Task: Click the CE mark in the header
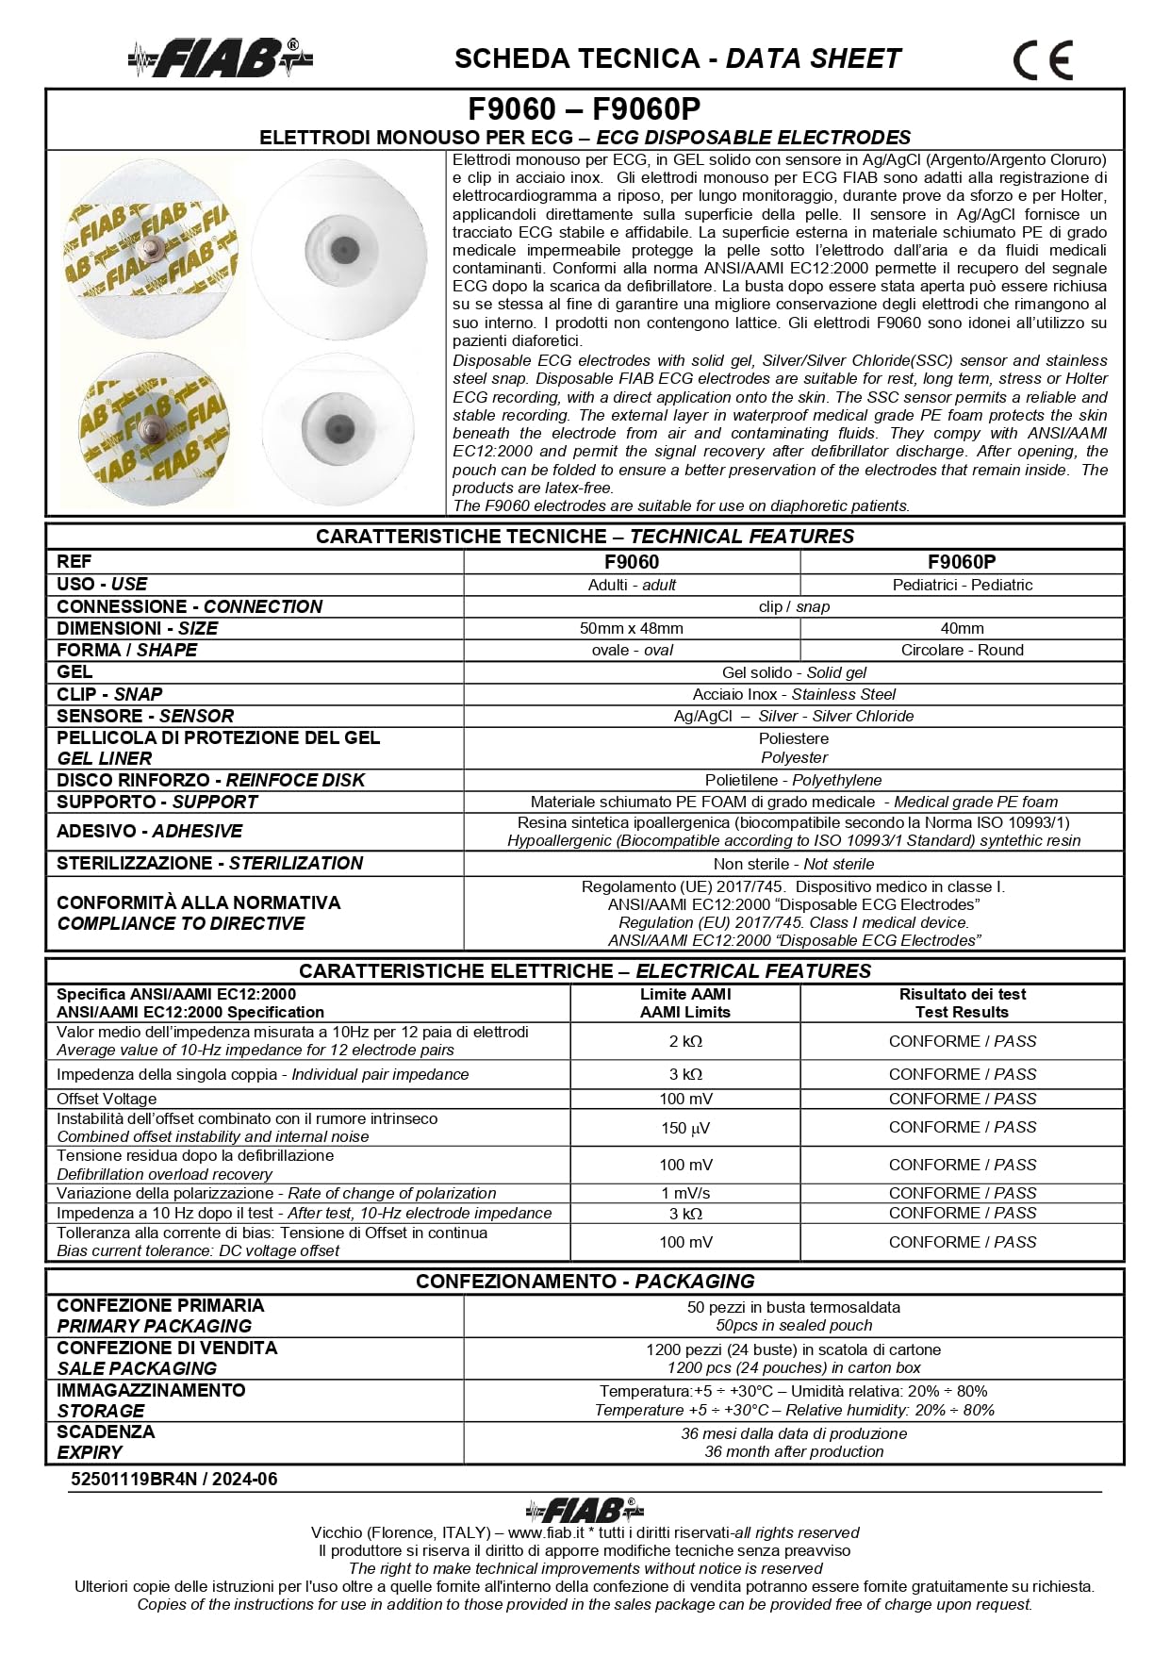tap(1043, 61)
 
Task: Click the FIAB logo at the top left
tap(221, 58)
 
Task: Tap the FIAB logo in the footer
tap(585, 1510)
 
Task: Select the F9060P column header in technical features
tap(962, 562)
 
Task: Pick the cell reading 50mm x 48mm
tap(632, 628)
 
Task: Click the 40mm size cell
tap(962, 628)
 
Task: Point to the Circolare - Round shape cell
tap(962, 650)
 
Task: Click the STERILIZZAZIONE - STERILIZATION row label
tap(209, 863)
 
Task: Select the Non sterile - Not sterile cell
tap(793, 864)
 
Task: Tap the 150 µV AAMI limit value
tap(685, 1128)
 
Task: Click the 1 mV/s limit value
tap(685, 1193)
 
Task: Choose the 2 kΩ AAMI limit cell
tap(685, 1041)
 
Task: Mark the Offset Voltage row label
tap(107, 1099)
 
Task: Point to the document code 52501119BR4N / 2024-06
tap(174, 1479)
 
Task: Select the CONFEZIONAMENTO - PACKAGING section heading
tap(585, 1282)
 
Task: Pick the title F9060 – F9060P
tap(585, 109)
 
